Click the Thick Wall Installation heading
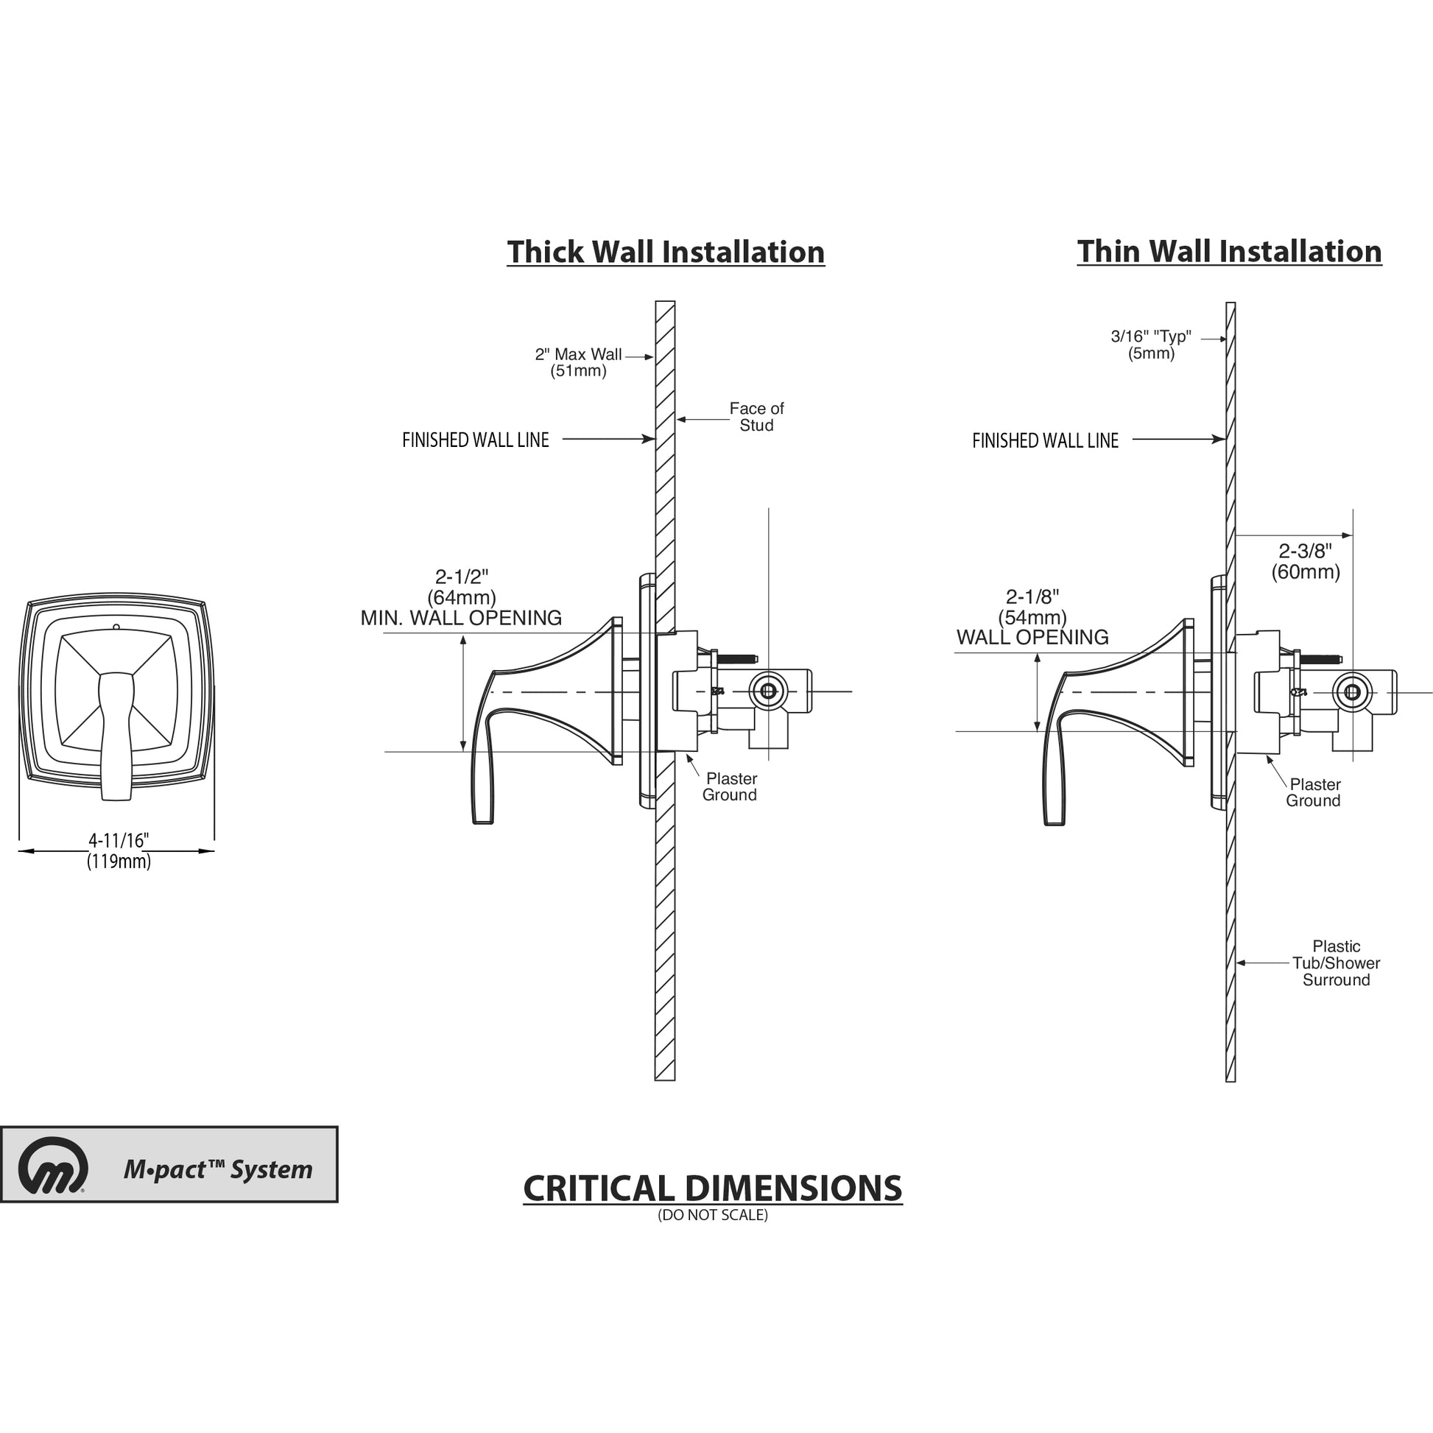tap(666, 252)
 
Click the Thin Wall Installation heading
tap(1229, 251)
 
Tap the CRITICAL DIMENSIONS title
tap(712, 1189)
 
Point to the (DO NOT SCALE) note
tap(712, 1216)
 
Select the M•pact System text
tap(218, 1169)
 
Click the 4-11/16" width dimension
tap(119, 851)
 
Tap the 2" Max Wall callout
tap(579, 363)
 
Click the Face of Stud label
tap(756, 417)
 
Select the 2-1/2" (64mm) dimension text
tap(462, 587)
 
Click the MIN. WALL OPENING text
tap(461, 618)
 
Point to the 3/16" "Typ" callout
tap(1150, 345)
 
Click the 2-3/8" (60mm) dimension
tap(1305, 561)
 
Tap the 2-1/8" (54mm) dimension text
tap(1032, 607)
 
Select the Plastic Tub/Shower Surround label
tap(1336, 963)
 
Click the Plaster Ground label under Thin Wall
tap(1314, 792)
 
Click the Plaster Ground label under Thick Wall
tap(730, 787)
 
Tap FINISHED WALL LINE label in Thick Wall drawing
tap(476, 440)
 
